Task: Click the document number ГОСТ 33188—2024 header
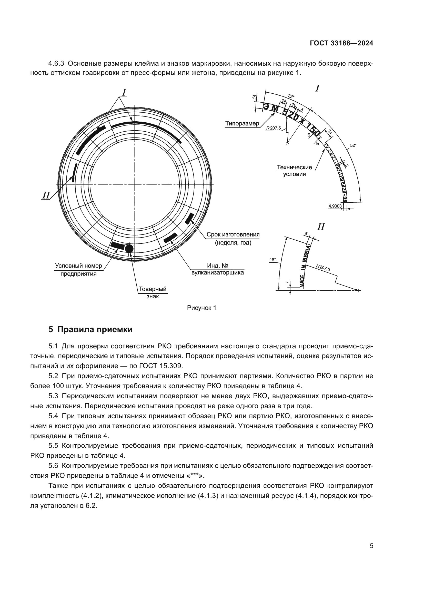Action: coord(341,43)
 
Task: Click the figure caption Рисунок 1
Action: coord(201,308)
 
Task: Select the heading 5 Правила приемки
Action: coord(90,330)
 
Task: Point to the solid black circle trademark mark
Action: coord(129,248)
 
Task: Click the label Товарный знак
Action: coord(153,293)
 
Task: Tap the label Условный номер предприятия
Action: coord(79,270)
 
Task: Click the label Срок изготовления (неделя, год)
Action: coord(233,238)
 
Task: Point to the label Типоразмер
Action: coord(242,124)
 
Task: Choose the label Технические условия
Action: coord(295,170)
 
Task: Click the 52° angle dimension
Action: coord(353,145)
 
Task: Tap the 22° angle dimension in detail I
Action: coord(291,96)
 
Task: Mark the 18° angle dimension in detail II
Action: coord(272,260)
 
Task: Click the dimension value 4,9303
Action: coord(335,206)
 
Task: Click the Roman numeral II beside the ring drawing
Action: coord(46,195)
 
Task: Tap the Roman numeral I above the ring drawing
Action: coord(124,92)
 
